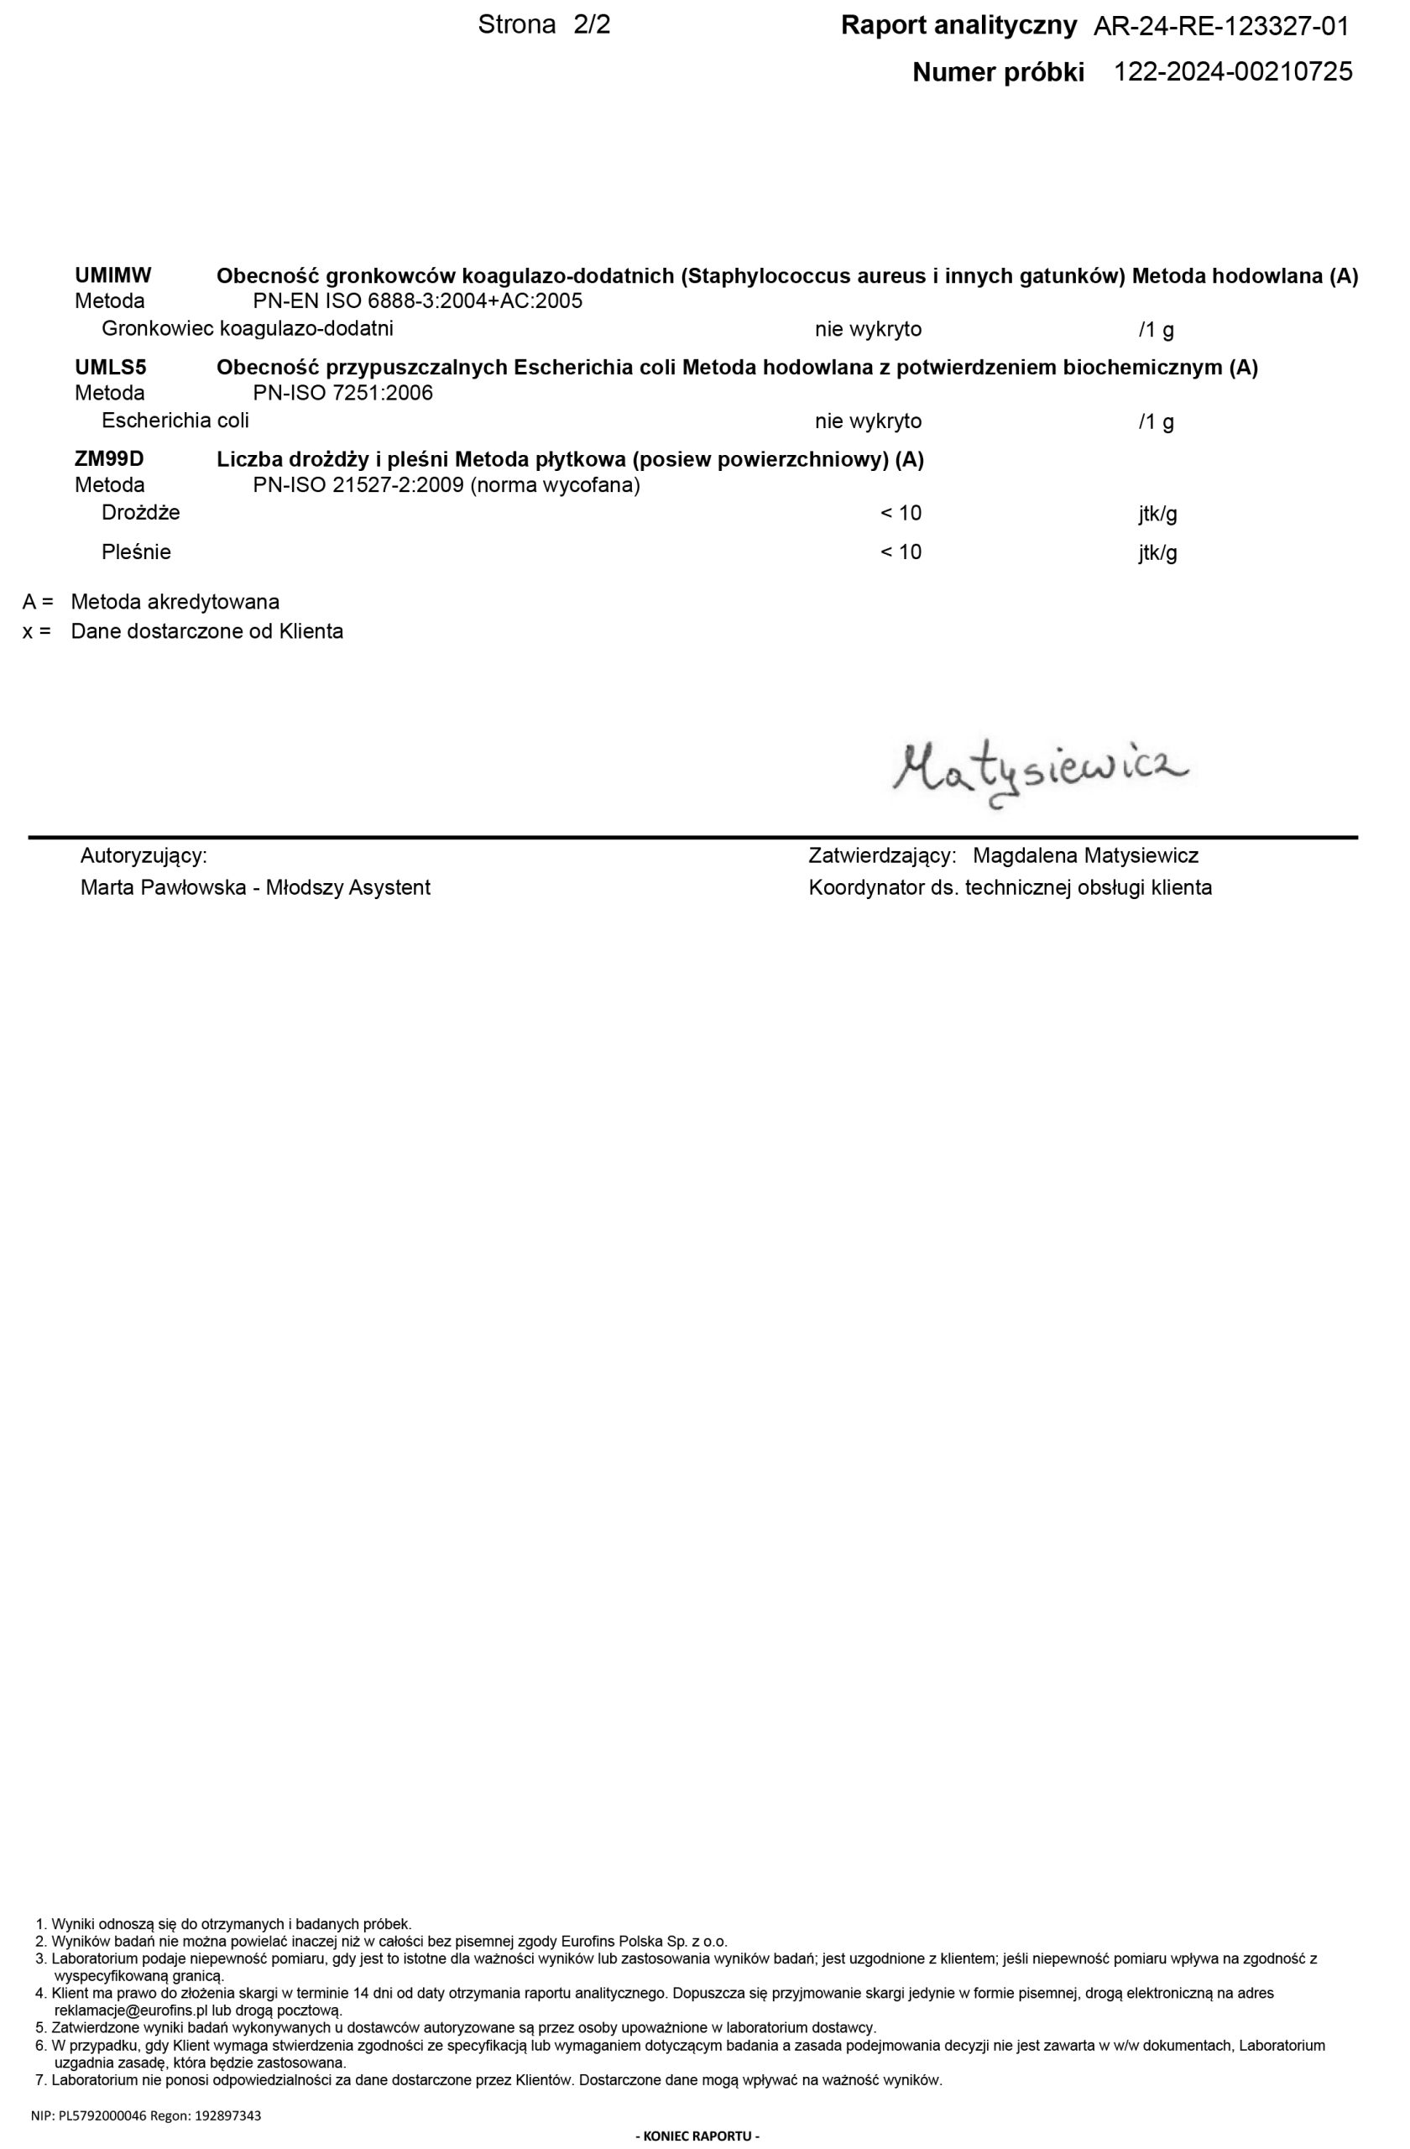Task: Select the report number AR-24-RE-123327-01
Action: click(x=1220, y=27)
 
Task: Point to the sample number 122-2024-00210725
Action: click(x=1233, y=72)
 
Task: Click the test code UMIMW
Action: click(x=112, y=275)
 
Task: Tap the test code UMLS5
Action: click(x=110, y=368)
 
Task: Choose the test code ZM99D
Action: click(x=109, y=459)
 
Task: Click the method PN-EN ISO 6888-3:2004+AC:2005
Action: click(x=418, y=301)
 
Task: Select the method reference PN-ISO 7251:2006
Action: click(x=343, y=394)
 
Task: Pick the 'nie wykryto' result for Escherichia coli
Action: click(x=868, y=421)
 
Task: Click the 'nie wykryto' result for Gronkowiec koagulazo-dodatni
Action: click(x=868, y=330)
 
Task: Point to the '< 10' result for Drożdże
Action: click(x=901, y=514)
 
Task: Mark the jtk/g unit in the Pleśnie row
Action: click(x=1157, y=553)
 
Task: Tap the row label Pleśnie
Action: click(x=136, y=552)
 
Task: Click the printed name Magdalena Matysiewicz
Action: click(x=1085, y=856)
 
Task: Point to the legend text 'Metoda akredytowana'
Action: click(x=175, y=602)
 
